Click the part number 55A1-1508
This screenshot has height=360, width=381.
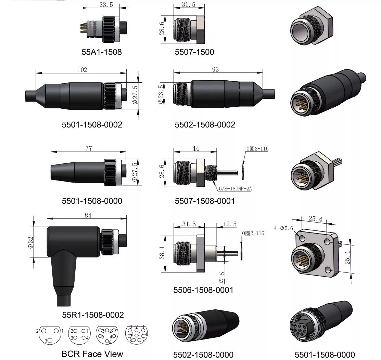(x=102, y=52)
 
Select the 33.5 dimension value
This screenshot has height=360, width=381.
(x=106, y=5)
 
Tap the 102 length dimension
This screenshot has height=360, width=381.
(x=82, y=70)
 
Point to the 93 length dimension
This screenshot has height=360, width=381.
(x=215, y=70)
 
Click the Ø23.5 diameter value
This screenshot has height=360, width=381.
(x=161, y=94)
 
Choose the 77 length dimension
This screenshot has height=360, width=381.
(x=89, y=148)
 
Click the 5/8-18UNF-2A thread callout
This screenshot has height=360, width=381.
(x=235, y=189)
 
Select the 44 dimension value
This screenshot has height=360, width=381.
(x=195, y=148)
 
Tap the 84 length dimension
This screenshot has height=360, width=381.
(x=88, y=215)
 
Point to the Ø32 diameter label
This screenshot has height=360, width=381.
(x=30, y=242)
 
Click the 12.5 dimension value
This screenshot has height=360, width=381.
(x=230, y=224)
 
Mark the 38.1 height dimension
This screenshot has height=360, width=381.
(x=162, y=253)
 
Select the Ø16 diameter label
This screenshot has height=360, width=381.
(x=221, y=278)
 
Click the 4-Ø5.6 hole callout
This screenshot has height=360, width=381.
(x=283, y=228)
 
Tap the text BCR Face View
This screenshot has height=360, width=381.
(x=92, y=354)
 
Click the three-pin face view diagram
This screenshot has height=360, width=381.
(x=49, y=335)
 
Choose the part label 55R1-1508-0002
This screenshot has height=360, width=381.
(x=93, y=315)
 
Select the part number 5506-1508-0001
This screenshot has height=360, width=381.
(x=203, y=290)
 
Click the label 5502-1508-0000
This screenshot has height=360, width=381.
(x=203, y=355)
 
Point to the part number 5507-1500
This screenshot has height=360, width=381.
(x=194, y=52)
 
